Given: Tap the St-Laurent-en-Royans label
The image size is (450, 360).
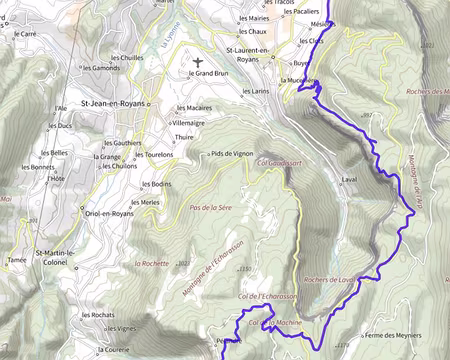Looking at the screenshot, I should point(256,54).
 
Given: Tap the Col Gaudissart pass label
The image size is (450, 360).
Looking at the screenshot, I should point(279,161).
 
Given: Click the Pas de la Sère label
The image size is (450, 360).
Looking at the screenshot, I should point(210,207).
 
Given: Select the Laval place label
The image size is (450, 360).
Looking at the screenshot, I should point(349,179).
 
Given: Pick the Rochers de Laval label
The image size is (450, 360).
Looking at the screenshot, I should point(330,279).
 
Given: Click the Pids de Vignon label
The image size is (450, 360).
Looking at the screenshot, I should point(230,154).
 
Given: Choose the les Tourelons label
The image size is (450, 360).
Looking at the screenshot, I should point(152,155).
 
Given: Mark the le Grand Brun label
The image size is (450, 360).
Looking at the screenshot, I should point(211,74).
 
